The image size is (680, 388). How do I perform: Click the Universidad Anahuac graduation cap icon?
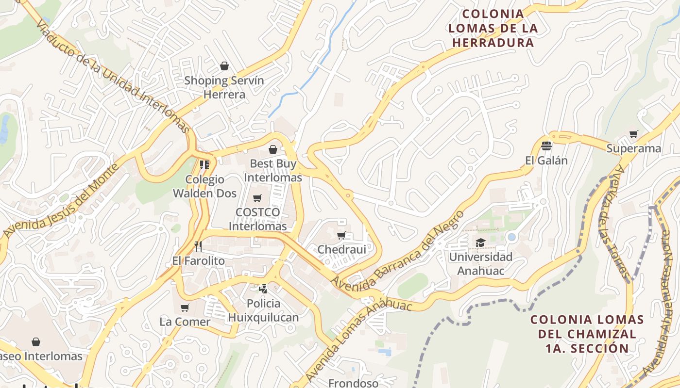(x=480, y=242)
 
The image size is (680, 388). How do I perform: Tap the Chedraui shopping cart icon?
(x=341, y=236)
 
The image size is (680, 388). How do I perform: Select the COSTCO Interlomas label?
(x=257, y=219)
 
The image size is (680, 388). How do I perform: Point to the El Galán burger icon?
(x=546, y=145)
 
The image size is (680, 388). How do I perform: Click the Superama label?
(x=634, y=148)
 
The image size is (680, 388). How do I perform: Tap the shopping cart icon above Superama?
(x=633, y=134)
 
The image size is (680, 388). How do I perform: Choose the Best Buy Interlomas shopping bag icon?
(x=273, y=149)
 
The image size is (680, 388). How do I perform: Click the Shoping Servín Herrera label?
(x=224, y=87)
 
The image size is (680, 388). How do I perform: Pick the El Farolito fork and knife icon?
(x=198, y=246)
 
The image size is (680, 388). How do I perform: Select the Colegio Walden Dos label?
(x=205, y=186)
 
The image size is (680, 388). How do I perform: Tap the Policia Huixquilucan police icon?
(x=263, y=289)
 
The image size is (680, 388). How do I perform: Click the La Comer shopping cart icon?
(x=185, y=307)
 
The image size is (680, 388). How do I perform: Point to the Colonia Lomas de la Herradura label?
(x=493, y=28)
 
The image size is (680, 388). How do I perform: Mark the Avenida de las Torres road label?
(x=617, y=223)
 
